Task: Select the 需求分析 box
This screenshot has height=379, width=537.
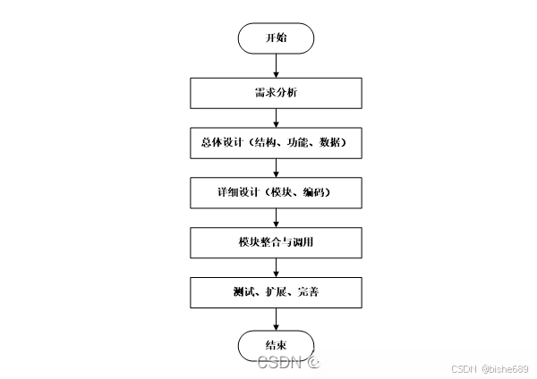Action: click(276, 92)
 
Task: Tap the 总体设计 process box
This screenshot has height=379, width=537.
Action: click(276, 142)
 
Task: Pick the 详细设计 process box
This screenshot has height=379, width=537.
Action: click(276, 192)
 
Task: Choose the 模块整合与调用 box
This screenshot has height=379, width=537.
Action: click(276, 242)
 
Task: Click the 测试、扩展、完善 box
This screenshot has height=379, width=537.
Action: click(276, 292)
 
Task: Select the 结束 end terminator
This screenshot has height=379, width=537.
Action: click(276, 345)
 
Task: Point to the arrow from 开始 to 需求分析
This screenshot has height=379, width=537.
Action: click(276, 64)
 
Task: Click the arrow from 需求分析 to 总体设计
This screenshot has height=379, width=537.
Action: click(276, 117)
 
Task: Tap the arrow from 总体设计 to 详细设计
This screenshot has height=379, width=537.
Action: click(276, 167)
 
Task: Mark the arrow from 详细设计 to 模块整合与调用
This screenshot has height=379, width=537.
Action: click(276, 217)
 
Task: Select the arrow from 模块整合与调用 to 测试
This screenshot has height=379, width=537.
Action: click(276, 267)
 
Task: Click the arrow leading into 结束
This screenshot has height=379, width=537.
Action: click(276, 318)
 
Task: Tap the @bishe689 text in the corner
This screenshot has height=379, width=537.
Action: click(507, 368)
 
